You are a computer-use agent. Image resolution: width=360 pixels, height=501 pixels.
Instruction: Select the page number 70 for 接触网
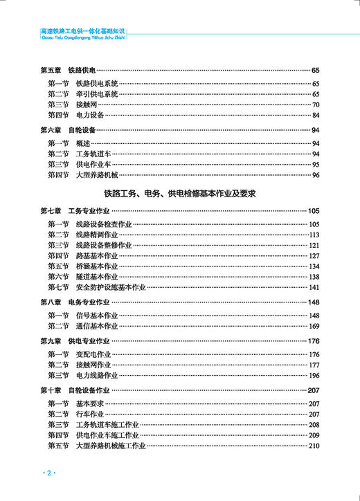click(315, 104)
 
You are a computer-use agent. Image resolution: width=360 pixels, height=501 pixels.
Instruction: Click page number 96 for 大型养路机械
click(315, 175)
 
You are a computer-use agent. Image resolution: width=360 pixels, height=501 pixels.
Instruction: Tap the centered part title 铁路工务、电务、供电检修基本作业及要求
click(180, 194)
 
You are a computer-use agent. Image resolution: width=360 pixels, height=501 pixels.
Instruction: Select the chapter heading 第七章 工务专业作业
click(75, 210)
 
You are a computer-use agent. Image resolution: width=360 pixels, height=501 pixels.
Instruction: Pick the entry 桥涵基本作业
click(96, 266)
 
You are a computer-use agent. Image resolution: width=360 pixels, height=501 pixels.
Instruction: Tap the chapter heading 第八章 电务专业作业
click(75, 302)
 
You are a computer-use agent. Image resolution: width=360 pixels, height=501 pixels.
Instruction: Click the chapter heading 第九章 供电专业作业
click(75, 341)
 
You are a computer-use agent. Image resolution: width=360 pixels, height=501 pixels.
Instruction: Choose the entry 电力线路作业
click(96, 375)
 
